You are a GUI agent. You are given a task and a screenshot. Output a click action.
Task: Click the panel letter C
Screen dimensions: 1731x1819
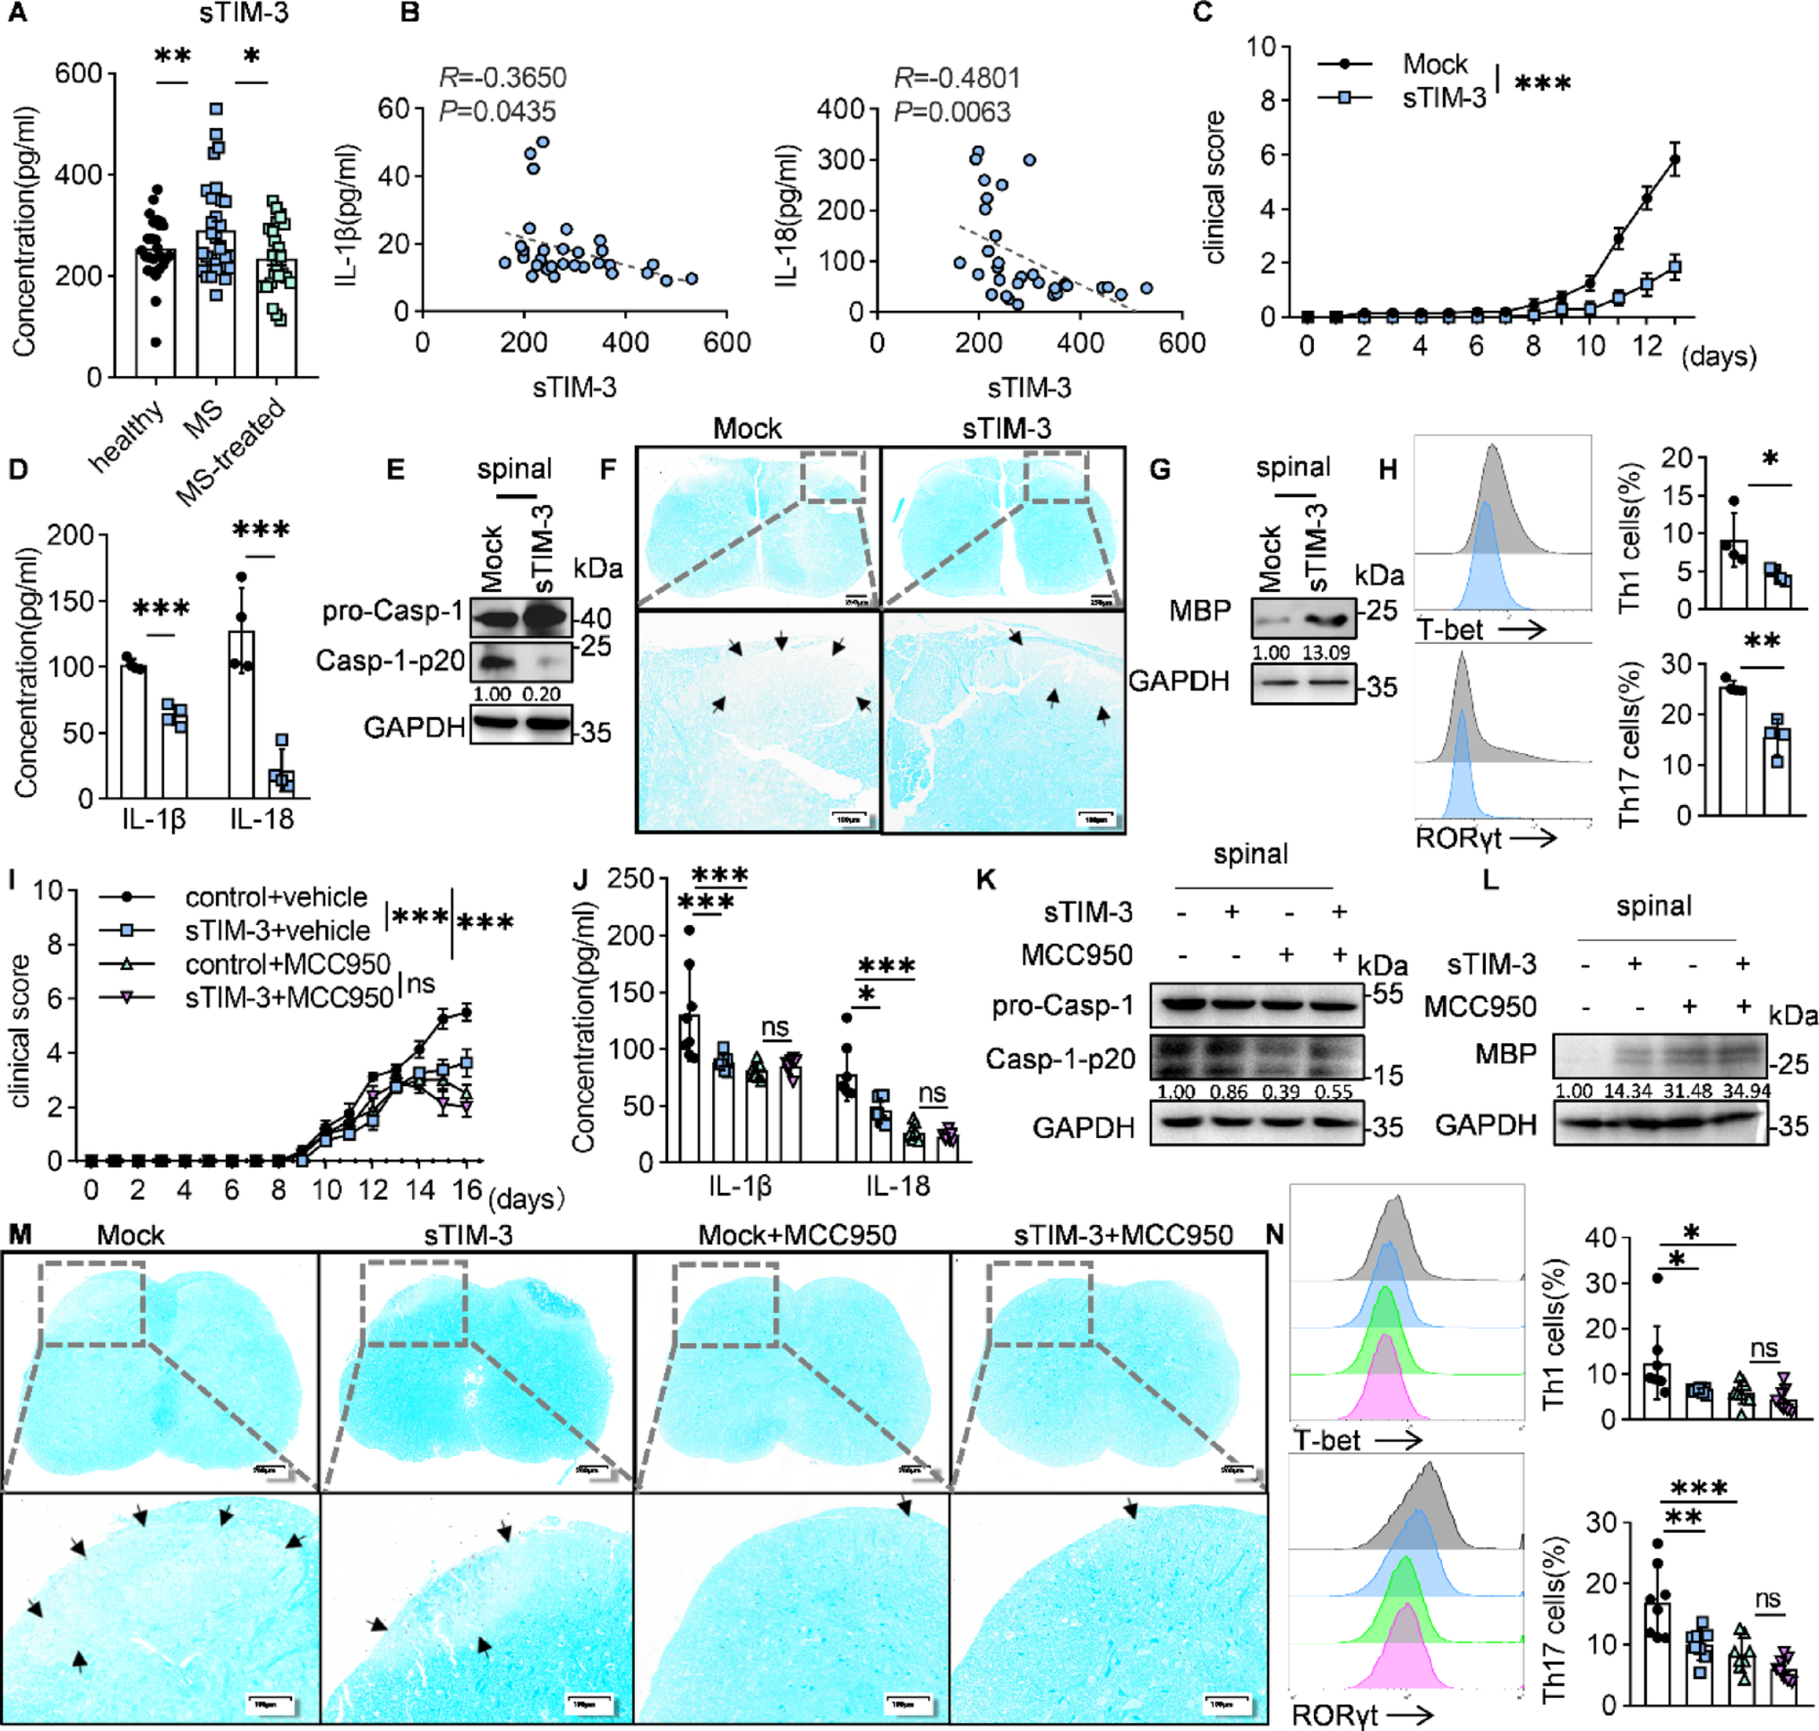[1203, 13]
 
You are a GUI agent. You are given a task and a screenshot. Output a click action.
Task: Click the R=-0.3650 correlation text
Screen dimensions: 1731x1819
[502, 77]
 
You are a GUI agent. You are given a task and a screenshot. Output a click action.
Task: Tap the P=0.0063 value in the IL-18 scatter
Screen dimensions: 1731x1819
[951, 112]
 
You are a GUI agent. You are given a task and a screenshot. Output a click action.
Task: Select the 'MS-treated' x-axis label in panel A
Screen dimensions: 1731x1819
[231, 453]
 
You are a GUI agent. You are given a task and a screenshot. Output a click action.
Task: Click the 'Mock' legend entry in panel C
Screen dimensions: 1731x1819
[1435, 64]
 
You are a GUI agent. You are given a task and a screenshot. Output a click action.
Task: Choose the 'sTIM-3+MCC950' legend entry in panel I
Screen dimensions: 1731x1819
[289, 998]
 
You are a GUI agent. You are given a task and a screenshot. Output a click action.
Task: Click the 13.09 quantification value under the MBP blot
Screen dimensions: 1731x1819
[1326, 652]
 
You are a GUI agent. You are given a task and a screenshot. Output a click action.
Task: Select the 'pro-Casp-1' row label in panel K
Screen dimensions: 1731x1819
[1062, 1005]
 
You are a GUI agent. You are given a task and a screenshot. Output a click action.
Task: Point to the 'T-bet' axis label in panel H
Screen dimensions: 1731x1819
[1450, 630]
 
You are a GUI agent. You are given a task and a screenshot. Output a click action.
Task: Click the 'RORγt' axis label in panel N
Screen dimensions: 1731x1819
[1334, 1714]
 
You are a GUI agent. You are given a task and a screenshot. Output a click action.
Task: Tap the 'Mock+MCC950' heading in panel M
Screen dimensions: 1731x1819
[796, 1235]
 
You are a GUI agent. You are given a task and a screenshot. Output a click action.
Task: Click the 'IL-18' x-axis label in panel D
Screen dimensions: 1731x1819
[262, 818]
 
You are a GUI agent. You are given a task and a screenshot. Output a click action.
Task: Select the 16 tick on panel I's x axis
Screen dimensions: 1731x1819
[467, 1189]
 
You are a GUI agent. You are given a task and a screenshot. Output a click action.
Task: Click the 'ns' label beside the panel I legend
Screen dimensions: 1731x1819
[421, 983]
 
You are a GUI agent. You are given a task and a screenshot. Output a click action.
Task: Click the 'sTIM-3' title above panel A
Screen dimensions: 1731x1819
[244, 13]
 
